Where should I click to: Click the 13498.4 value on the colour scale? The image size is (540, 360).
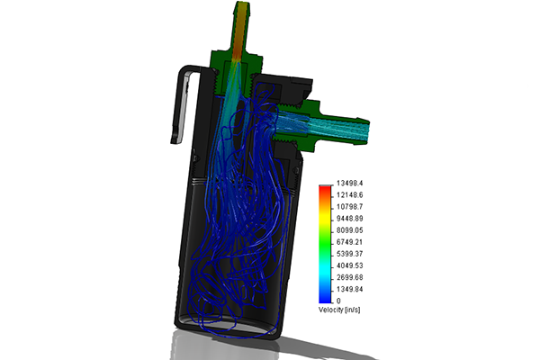[x=349, y=183]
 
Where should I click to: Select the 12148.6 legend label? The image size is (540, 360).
[x=349, y=195]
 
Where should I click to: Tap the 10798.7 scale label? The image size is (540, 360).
[x=349, y=207]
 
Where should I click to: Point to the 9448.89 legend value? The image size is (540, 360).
[x=349, y=219]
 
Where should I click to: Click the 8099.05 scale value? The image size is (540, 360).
[x=349, y=230]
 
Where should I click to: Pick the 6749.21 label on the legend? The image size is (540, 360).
[x=349, y=242]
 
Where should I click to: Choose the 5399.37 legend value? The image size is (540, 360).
[x=349, y=254]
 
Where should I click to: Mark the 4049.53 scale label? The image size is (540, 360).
[x=349, y=265]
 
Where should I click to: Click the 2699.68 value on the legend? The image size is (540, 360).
[x=349, y=277]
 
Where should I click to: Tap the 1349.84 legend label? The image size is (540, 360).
[x=349, y=289]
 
